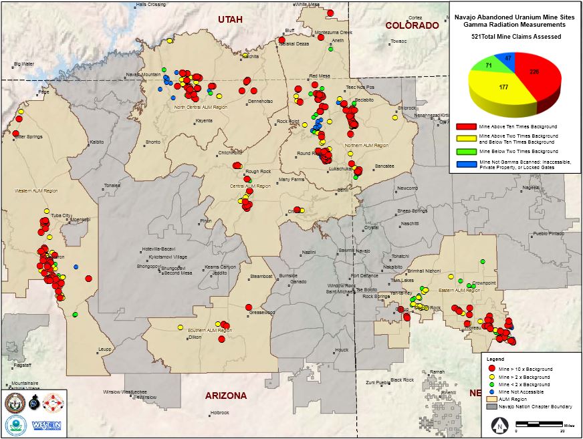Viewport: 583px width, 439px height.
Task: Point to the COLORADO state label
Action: click(412, 25)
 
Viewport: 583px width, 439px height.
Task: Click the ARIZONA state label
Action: click(225, 396)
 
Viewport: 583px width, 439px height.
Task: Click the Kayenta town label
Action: click(204, 121)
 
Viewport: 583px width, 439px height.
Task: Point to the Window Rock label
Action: click(341, 286)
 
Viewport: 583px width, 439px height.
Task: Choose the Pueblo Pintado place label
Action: click(548, 235)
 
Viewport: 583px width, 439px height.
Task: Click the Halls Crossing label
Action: click(150, 5)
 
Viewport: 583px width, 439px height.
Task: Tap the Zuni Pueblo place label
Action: click(378, 383)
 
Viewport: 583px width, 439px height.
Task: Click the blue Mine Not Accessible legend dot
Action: click(491, 392)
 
